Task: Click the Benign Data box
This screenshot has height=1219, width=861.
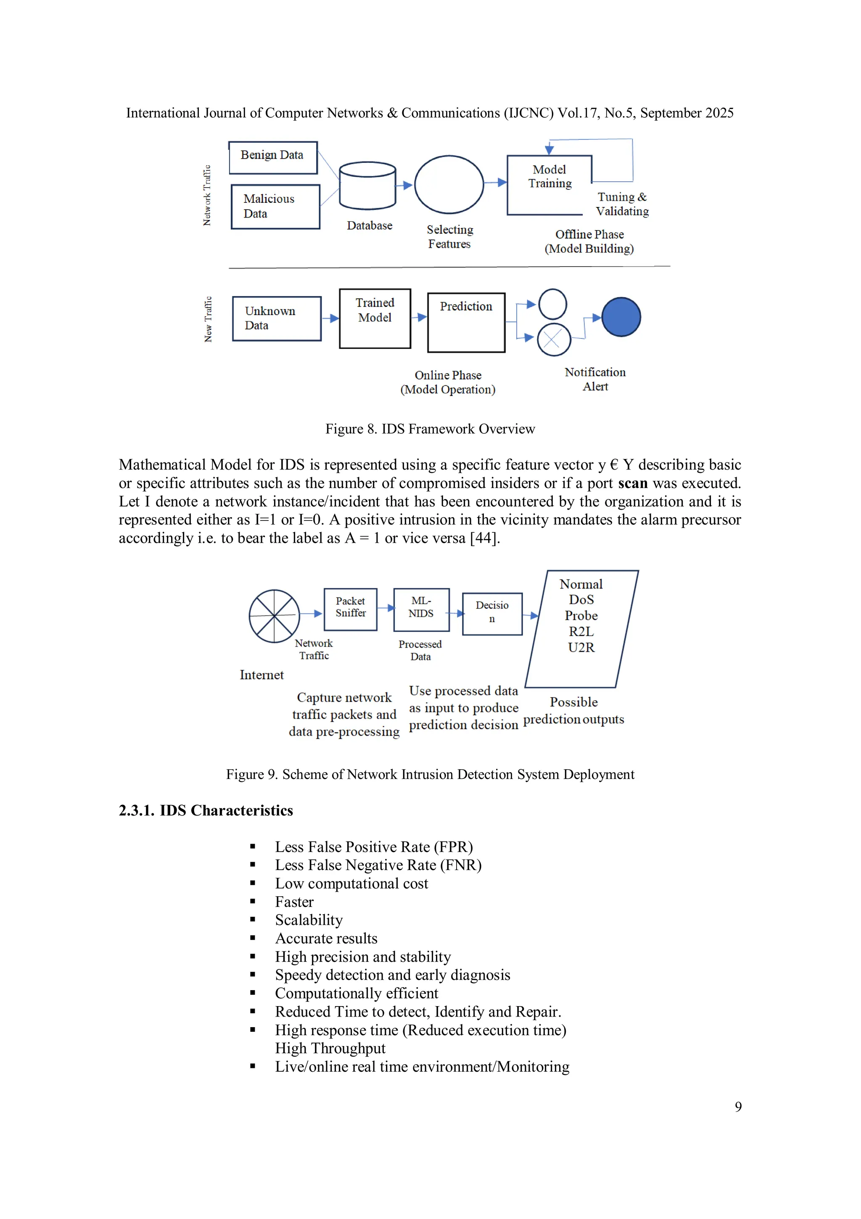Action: point(273,158)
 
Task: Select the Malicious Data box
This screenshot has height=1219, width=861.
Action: point(275,207)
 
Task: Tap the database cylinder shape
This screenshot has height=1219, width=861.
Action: point(367,186)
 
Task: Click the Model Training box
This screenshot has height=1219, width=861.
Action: point(549,184)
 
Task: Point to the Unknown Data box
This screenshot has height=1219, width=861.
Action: point(276,319)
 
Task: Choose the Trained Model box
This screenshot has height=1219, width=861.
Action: point(375,318)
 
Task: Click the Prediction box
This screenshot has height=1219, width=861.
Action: point(466,322)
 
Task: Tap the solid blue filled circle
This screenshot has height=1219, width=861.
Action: point(621,317)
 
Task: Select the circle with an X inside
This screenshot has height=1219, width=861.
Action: point(553,340)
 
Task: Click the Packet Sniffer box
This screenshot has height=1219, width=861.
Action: point(350,609)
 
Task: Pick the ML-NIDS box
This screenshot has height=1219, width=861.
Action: point(421,609)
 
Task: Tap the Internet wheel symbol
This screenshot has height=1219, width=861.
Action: point(274,616)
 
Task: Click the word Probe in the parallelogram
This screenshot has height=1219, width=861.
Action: point(581,615)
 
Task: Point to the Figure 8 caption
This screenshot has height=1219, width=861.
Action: point(430,429)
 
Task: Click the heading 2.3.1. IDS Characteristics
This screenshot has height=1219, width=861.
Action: point(206,810)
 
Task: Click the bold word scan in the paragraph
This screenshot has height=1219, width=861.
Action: point(632,483)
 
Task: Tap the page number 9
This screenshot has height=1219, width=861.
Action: point(738,1107)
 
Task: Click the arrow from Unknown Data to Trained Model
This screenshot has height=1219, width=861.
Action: point(330,318)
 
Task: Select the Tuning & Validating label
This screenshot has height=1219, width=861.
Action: point(622,204)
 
